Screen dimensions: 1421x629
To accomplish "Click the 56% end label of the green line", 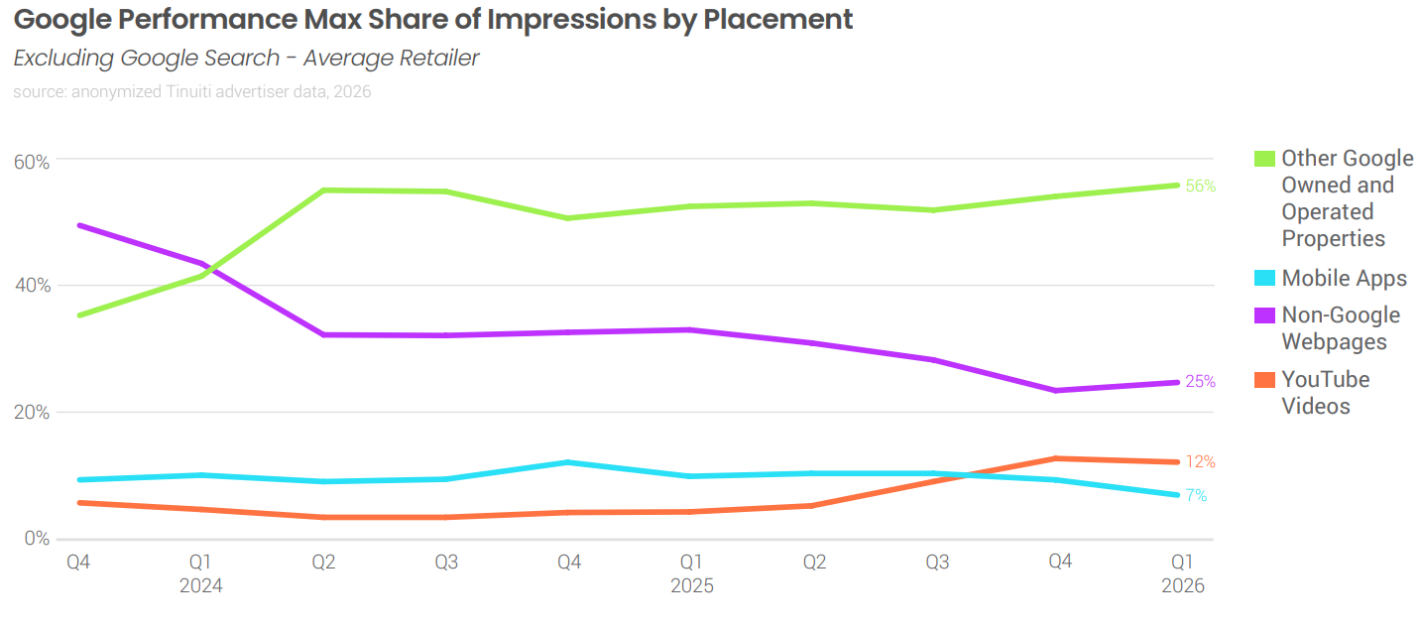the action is pos(1200,186).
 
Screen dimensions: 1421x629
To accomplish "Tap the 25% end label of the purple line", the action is pos(1200,381).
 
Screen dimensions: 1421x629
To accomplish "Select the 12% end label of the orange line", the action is pos(1200,462).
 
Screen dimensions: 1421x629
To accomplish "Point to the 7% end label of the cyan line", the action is pos(1196,495).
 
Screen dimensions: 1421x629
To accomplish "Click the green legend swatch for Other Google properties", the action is pos(1264,159).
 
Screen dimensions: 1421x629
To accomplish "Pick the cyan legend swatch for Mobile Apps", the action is pos(1264,278).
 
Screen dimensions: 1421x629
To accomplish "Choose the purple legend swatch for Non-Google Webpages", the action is pos(1264,315).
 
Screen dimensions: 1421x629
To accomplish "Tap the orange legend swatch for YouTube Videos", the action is pos(1264,380).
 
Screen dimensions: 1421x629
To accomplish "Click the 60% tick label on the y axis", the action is pos(32,162).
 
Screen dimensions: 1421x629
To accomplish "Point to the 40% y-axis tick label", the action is pos(33,285).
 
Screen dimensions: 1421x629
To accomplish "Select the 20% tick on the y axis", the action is pos(32,412).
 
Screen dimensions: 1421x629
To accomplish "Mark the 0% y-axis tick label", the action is pos(37,539).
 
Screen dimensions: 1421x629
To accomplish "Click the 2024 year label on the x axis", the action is pos(200,585).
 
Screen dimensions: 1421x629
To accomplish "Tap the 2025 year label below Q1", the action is pos(691,585).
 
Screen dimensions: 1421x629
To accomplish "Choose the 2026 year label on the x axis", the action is pos(1182,585).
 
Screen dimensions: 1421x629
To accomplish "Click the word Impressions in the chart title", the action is pos(571,20).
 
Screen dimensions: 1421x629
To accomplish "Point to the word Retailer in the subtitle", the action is pos(439,58).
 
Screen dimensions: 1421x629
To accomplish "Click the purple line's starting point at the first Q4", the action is pos(78,225).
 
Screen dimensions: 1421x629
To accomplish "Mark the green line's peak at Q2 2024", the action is pos(323,189).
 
